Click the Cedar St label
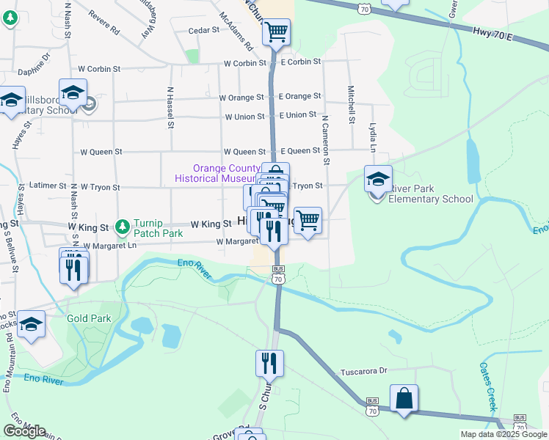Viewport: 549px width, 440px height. tap(204, 30)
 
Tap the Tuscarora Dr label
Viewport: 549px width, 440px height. tap(363, 372)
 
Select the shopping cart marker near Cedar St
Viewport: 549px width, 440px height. tap(276, 32)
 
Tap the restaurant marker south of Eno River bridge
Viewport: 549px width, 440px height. tap(269, 363)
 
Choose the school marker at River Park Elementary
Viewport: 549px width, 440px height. tap(378, 179)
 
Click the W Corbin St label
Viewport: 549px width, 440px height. tap(245, 63)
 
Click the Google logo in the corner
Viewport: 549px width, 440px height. tap(24, 431)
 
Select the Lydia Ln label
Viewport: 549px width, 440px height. tap(373, 138)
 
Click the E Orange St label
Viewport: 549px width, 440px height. tap(299, 96)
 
